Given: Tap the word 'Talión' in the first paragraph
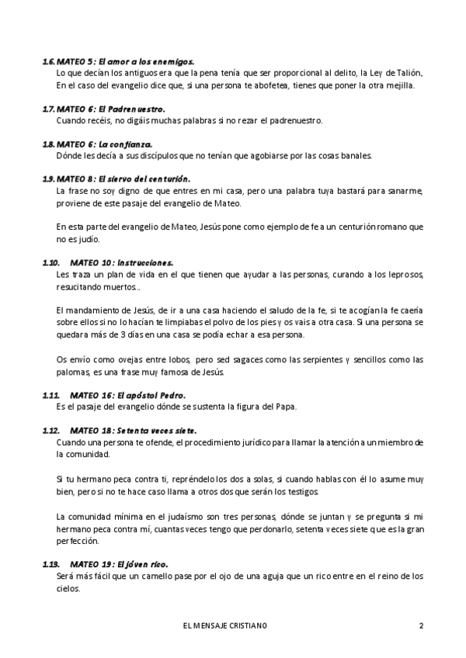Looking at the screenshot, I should point(407,73).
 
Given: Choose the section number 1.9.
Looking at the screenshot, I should point(48,179).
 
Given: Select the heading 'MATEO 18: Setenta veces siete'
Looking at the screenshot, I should point(133,430).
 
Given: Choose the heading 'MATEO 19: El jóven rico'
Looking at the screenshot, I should point(119,563).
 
